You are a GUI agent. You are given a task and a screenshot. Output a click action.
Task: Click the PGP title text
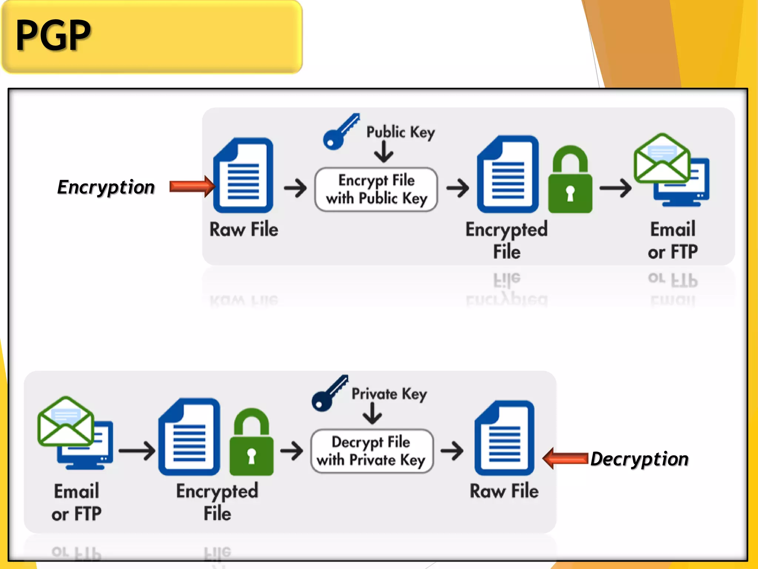[53, 35]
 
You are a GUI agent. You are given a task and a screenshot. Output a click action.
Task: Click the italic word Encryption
[106, 187]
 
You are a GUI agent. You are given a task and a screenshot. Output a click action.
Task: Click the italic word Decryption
[639, 459]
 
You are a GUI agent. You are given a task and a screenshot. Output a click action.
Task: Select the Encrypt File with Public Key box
[376, 189]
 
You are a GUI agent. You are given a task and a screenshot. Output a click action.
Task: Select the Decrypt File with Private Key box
[372, 451]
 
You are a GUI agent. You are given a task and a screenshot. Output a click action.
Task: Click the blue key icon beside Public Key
[340, 132]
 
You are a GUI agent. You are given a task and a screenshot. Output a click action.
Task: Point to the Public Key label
[400, 133]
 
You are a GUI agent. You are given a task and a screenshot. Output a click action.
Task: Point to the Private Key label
[389, 394]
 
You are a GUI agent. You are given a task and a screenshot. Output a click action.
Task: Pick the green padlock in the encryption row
[570, 181]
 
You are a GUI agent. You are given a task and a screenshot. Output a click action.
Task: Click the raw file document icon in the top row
[244, 176]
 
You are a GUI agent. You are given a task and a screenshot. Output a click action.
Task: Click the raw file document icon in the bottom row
[504, 438]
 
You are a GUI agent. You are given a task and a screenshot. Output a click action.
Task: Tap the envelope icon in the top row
[662, 159]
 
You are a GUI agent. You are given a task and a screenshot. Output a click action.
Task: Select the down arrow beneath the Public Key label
[383, 152]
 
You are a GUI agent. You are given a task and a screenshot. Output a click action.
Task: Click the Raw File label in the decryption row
[504, 491]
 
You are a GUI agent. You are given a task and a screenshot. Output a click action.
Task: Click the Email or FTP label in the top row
[673, 240]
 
